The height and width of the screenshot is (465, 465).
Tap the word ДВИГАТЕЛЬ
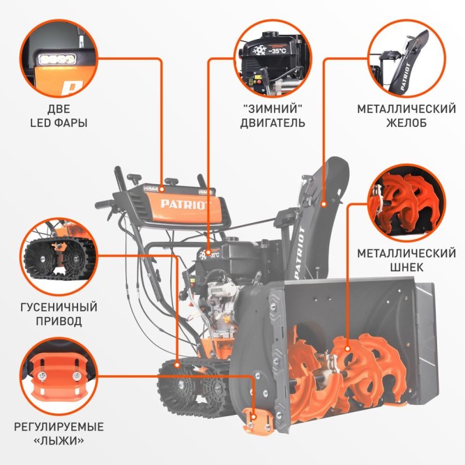point(273,123)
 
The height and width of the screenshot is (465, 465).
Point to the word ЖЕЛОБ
point(406,123)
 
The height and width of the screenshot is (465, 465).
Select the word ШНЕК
point(406,268)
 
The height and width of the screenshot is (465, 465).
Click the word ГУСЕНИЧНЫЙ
point(59,307)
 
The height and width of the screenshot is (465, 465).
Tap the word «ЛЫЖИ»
point(59,441)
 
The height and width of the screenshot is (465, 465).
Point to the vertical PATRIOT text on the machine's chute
point(300,253)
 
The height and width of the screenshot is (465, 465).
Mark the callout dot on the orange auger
point(348,349)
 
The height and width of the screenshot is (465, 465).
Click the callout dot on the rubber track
point(177,365)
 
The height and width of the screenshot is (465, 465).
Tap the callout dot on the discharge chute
point(324,204)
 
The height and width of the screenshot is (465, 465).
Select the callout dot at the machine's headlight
point(162,189)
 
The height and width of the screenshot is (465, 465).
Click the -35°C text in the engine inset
point(277,51)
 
